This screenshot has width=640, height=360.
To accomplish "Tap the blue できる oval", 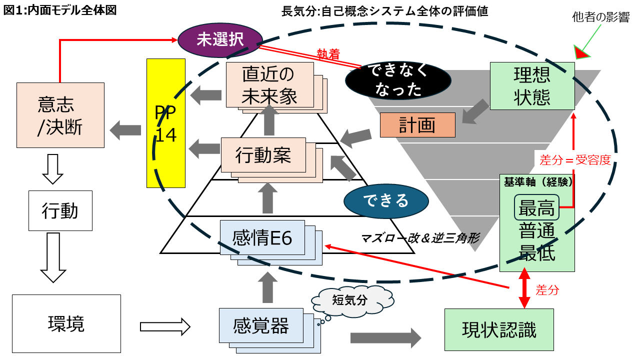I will click(x=386, y=200).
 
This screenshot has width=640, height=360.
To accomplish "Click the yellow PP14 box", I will click(x=166, y=123).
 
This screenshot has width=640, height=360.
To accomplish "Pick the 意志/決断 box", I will click(x=60, y=115).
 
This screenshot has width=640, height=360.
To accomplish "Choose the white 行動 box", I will click(x=60, y=210).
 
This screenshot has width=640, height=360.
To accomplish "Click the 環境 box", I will click(x=66, y=323).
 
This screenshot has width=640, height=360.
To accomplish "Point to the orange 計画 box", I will click(x=417, y=125).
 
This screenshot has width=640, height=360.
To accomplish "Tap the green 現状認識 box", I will click(x=499, y=329).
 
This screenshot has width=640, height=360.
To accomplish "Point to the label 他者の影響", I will click(x=600, y=17).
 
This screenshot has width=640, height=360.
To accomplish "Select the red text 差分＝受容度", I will click(x=575, y=159).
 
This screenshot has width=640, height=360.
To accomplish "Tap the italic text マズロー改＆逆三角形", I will click(x=420, y=238).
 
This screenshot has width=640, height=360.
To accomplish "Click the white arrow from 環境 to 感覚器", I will click(x=165, y=327).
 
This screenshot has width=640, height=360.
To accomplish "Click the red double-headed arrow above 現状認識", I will click(x=524, y=288).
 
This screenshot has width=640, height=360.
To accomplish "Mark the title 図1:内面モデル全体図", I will click(x=60, y=10).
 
